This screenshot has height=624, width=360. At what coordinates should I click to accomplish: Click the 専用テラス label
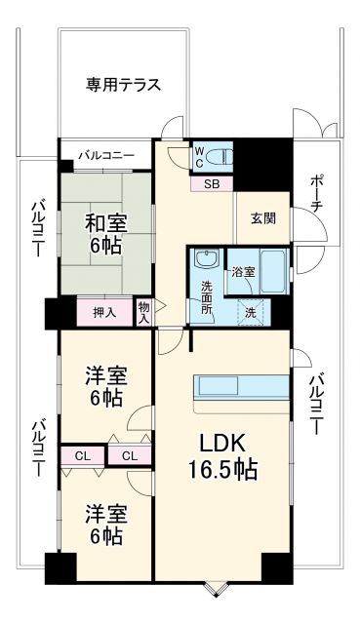123,84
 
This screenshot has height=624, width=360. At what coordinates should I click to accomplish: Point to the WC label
199,156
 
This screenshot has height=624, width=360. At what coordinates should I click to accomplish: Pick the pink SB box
212,182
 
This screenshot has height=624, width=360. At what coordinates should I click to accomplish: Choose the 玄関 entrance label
262,217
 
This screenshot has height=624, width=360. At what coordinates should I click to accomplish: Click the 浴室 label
243,272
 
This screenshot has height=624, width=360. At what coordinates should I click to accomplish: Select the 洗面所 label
208,297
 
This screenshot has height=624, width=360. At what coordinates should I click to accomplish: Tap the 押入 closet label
104,313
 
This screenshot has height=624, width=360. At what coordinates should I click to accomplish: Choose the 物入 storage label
144,312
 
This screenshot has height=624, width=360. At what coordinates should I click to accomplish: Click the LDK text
222,440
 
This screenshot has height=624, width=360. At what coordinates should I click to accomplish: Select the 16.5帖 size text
222,470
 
